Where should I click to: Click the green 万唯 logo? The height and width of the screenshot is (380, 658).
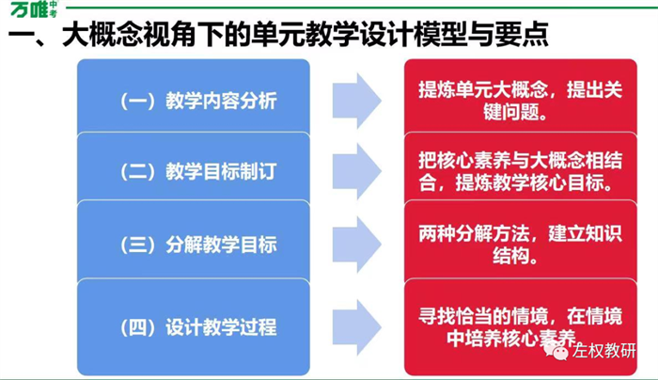pos(35,9)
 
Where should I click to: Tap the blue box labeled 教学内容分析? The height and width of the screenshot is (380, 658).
pos(194,98)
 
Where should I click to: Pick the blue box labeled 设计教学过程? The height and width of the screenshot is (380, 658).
pos(194,326)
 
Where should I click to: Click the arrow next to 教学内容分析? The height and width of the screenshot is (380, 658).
pos(357,101)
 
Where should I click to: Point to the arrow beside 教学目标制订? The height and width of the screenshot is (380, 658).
pos(357,171)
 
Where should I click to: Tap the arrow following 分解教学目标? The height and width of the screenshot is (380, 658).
pos(357,245)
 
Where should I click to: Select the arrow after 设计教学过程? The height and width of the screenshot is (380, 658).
pos(357,327)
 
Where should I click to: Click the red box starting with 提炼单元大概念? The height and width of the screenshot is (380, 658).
pos(521,98)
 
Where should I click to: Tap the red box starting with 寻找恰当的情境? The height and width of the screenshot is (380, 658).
pos(521,326)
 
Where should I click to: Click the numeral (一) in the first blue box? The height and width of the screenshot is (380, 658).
pos(138,101)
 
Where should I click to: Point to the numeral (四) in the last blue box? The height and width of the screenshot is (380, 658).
pos(138,327)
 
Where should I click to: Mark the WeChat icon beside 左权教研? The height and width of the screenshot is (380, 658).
pos(556,351)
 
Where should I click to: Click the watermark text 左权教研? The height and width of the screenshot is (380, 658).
pos(604,351)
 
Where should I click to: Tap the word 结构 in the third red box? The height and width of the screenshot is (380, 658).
pos(510,256)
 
